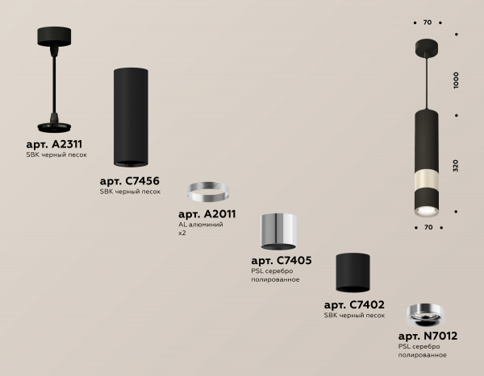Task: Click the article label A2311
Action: [x=54, y=144]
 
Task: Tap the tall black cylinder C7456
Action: [x=131, y=117]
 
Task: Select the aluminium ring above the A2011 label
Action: [x=208, y=191]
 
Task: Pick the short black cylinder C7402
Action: [x=353, y=273]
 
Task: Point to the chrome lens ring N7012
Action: [x=425, y=315]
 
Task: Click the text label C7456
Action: [x=130, y=181]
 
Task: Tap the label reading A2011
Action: [x=207, y=214]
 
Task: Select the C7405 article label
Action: [x=282, y=260]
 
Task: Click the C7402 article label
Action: [x=354, y=305]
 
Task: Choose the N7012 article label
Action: [x=428, y=336]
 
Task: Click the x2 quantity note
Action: [x=182, y=233]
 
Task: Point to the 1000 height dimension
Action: [x=457, y=81]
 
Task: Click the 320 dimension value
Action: [x=457, y=166]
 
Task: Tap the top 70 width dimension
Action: [x=428, y=23]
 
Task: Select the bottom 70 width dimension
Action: [x=428, y=227]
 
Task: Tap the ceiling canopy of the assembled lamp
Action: [x=427, y=48]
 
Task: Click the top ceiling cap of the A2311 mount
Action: [x=54, y=37]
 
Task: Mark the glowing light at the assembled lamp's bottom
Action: [x=427, y=212]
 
